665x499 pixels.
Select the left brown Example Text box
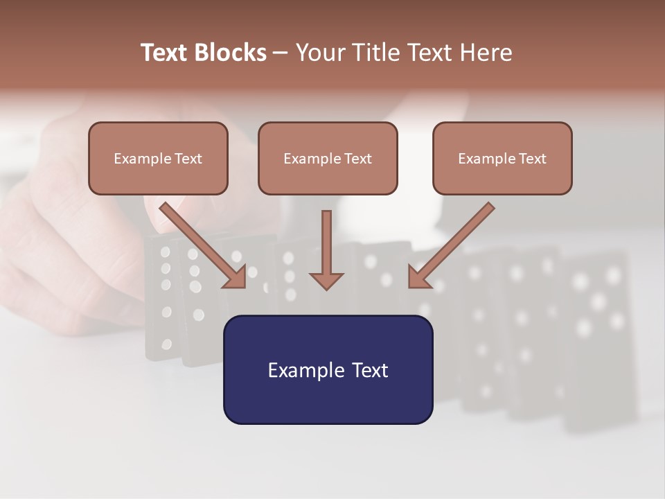point(158,158)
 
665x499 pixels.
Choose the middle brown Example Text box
point(328,158)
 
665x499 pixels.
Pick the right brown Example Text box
point(502,158)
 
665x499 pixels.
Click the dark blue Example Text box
point(328,369)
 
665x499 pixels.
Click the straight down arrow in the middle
point(326,243)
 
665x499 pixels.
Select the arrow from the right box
point(452,245)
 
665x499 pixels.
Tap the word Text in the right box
point(531,159)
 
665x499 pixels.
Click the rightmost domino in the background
point(600,340)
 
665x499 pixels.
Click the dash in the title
point(281,53)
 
